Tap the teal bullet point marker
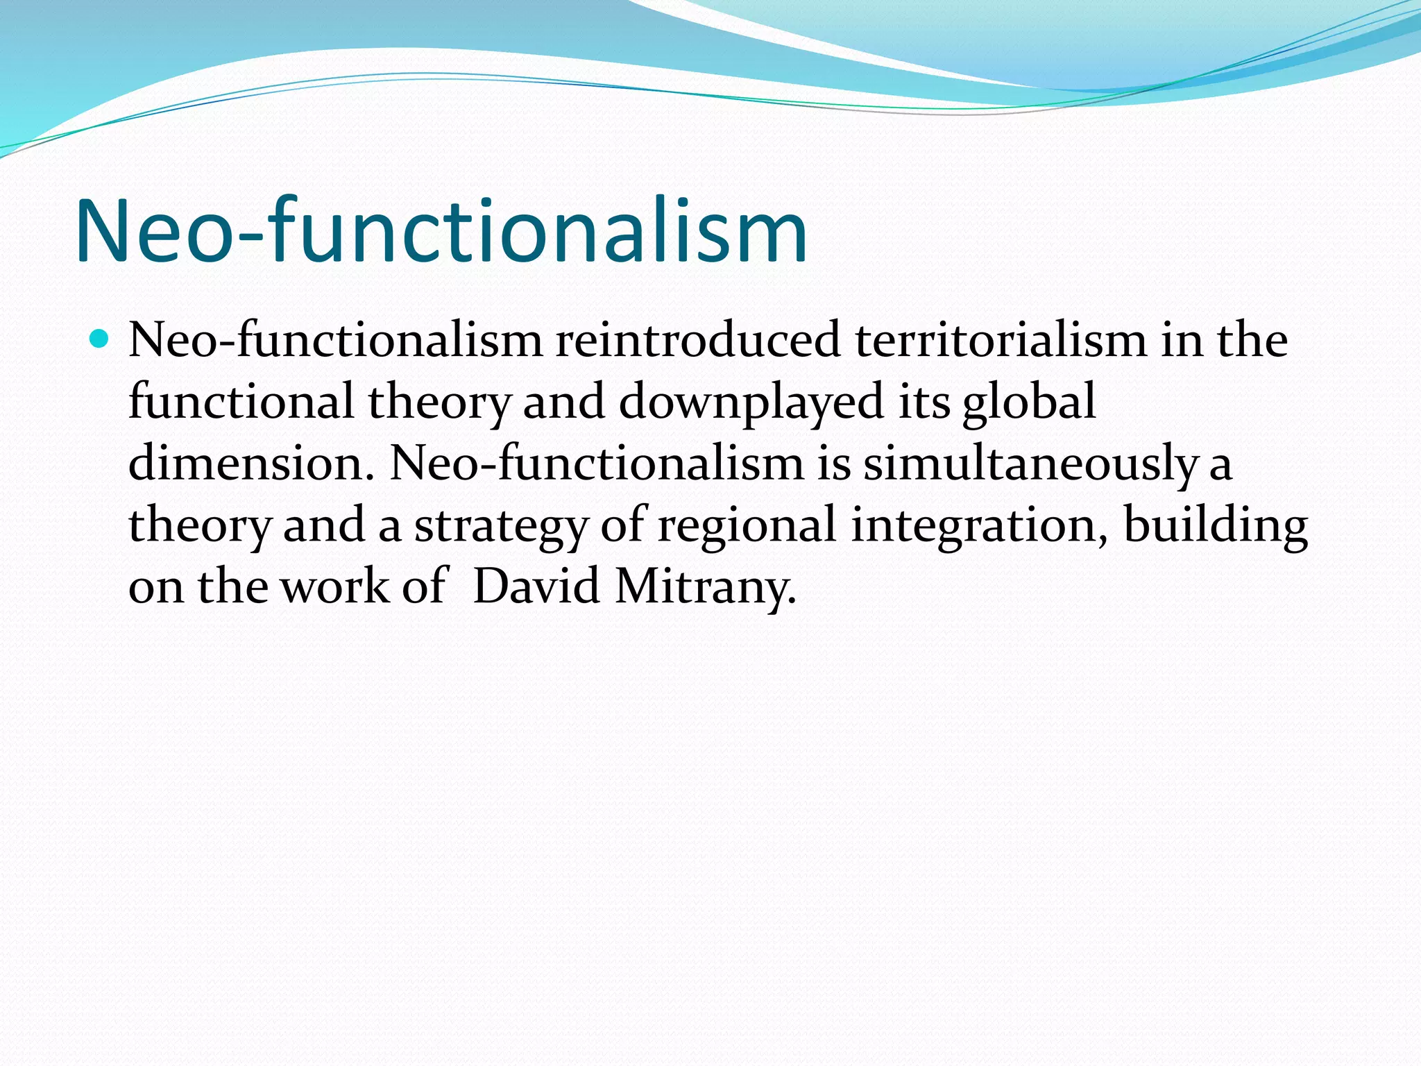(x=100, y=339)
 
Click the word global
(x=1029, y=402)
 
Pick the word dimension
(x=246, y=463)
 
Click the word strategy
(x=500, y=525)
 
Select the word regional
(x=747, y=525)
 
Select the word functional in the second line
(x=241, y=402)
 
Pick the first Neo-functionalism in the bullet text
(x=335, y=341)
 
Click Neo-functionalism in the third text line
(x=596, y=463)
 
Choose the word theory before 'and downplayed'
(x=439, y=402)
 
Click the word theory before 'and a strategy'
(x=199, y=525)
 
